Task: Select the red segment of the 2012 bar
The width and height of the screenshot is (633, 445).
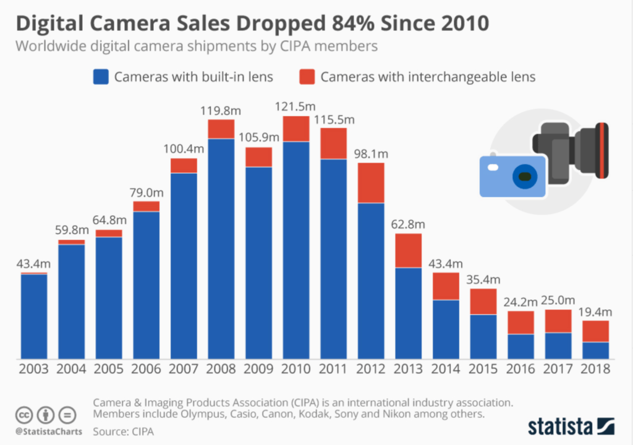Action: (x=371, y=182)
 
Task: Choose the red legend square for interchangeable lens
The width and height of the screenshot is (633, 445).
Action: (x=307, y=77)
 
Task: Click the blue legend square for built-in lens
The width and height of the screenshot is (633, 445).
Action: (x=100, y=77)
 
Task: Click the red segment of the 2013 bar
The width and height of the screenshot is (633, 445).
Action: (x=408, y=250)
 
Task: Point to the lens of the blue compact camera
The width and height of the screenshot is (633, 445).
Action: (x=525, y=177)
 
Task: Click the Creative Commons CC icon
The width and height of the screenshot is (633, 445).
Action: (x=23, y=414)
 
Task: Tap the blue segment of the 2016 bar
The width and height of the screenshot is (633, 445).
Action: (x=520, y=346)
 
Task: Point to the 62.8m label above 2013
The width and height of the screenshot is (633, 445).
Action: (x=408, y=224)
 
